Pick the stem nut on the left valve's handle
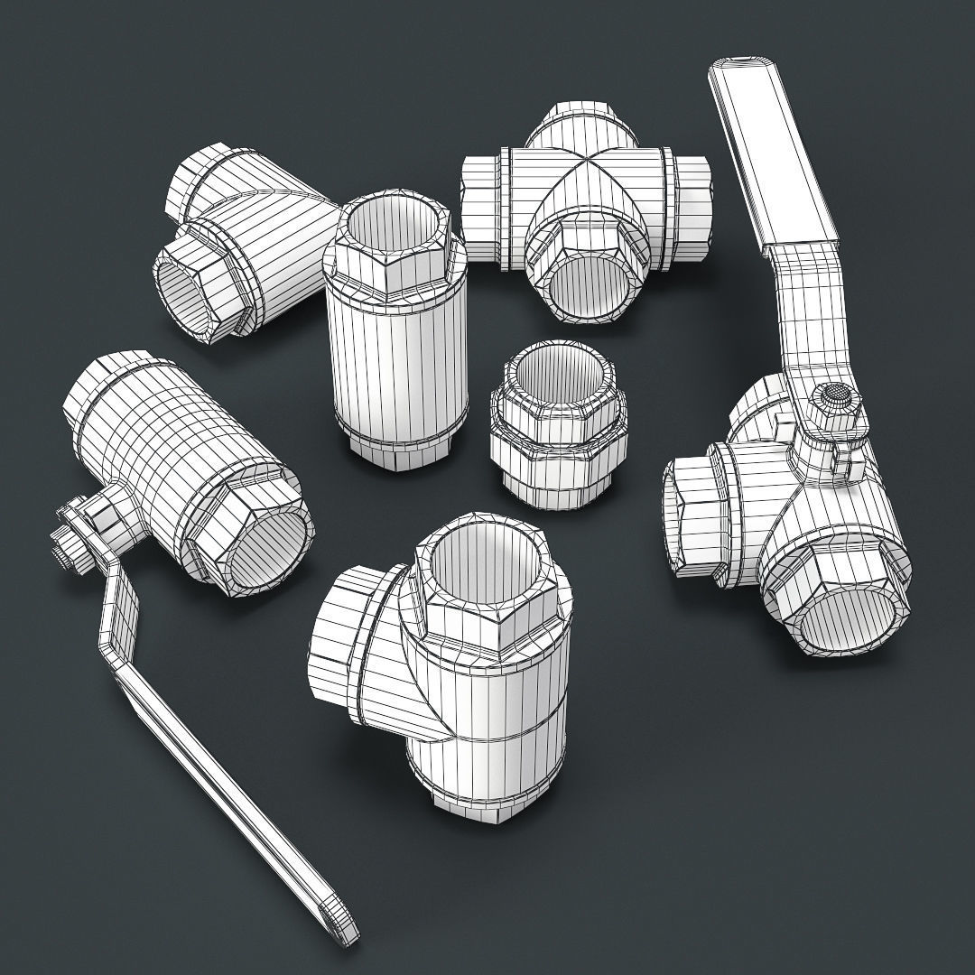(65, 552)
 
